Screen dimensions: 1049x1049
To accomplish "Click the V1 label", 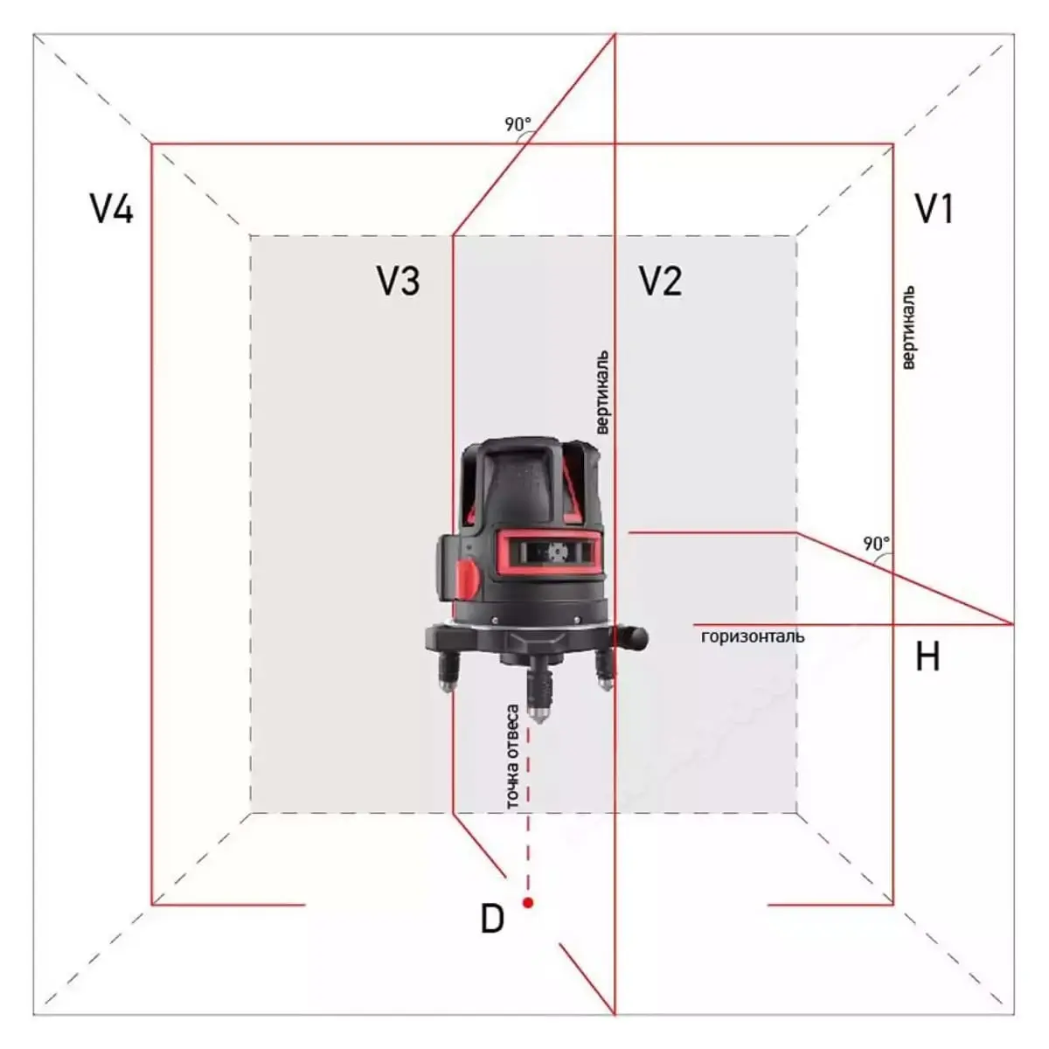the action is coord(934,209).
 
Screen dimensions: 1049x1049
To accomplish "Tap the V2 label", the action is coord(661,281).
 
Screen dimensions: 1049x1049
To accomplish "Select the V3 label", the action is coord(399,281).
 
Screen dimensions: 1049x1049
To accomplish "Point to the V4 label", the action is coord(112,209).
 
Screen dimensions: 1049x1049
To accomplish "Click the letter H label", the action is coord(927,656).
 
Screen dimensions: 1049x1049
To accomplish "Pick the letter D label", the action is coord(493,919).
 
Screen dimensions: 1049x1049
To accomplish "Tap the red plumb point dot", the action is coord(527,902).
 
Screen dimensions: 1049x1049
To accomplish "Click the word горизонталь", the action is coord(753,636).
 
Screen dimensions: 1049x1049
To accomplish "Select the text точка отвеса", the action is coord(512,757).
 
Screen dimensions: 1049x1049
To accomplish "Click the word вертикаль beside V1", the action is coord(908,328).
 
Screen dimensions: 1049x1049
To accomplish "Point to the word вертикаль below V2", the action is coord(601,393).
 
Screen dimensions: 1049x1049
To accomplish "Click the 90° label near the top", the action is coord(518,125).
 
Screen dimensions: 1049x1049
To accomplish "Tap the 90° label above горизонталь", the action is coord(877,543).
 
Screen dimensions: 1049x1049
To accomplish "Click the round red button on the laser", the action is coord(468,579).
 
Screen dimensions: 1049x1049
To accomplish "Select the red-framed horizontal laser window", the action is coord(549,553).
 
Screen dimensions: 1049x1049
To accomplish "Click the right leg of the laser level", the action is coord(604,670).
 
